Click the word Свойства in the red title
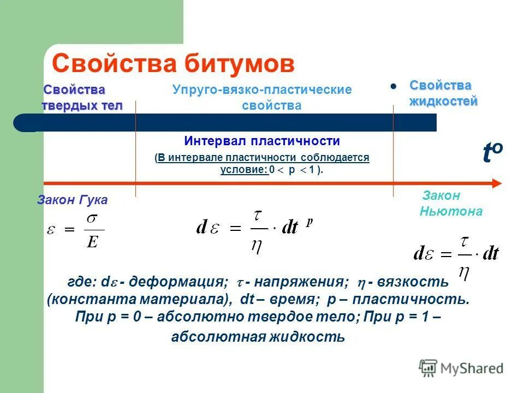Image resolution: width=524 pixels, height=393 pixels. coord(113,63)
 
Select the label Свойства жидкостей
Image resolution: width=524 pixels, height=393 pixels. coord(443,93)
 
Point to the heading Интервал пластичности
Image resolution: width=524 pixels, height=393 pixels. coord(262,141)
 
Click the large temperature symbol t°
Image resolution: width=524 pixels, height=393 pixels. coord(492,153)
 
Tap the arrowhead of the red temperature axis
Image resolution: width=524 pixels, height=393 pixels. coord(496,183)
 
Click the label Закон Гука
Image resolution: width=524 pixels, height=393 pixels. coord(73,200)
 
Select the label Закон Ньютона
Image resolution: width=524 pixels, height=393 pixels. coord(450,204)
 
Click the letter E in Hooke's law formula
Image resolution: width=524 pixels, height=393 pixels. coord(92,241)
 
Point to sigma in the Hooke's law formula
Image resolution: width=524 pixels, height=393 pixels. coord(92,218)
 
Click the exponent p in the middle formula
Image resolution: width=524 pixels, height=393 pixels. coord(309,221)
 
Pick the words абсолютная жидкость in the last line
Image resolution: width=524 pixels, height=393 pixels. coord(258,337)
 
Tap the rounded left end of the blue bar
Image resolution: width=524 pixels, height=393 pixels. coord(22,123)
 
